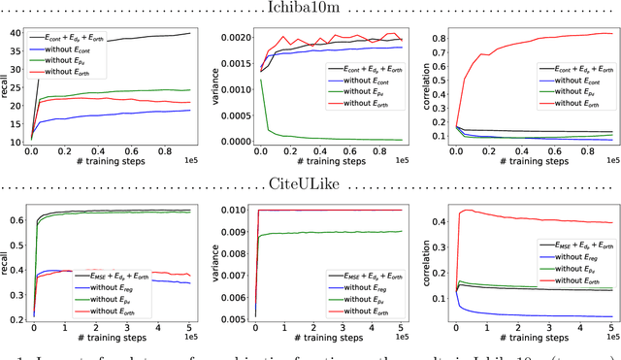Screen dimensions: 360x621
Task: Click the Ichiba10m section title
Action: (x=310, y=8)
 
